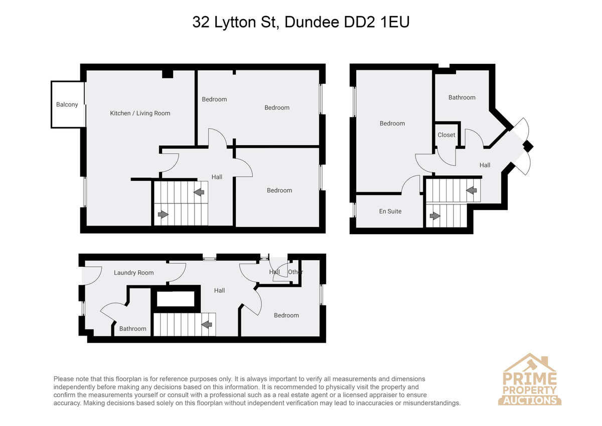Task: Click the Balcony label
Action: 67,104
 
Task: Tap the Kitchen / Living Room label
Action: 140,114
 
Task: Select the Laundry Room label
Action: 133,273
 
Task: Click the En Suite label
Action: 390,211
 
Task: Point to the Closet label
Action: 446,135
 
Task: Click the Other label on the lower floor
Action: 295,272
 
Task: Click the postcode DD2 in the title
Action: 359,22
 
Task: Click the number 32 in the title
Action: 201,22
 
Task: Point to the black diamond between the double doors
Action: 528,147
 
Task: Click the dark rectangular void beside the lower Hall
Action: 176,299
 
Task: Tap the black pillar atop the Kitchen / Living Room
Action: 168,74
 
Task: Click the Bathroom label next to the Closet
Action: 462,97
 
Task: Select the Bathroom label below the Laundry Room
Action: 133,329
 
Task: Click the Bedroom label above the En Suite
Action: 392,124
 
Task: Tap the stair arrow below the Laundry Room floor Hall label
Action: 206,325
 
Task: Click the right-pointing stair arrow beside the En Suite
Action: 435,216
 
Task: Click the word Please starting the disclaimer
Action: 63,379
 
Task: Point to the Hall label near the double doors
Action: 485,165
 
